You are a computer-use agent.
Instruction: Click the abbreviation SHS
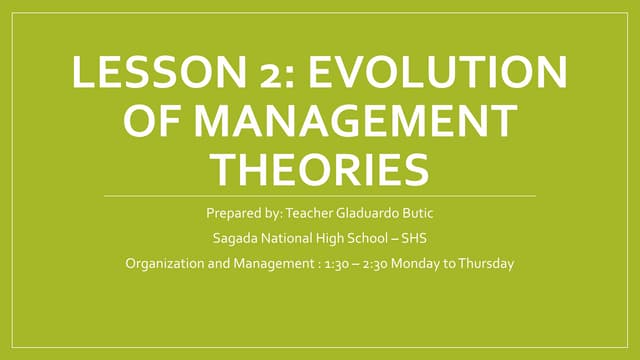point(412,239)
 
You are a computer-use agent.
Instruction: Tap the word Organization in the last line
point(162,264)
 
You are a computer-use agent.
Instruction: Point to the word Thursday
point(491,264)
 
